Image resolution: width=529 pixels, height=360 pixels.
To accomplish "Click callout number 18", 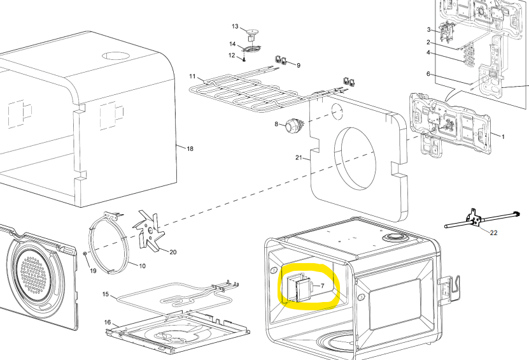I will (189, 148).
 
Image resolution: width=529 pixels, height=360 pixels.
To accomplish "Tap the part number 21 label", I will (298, 157).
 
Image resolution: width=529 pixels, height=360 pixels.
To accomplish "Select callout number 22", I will (493, 233).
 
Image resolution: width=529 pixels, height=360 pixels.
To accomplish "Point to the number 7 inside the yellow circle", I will (322, 286).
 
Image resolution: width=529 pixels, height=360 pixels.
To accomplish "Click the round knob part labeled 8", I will (294, 126).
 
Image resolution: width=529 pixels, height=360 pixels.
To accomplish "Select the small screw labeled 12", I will (244, 59).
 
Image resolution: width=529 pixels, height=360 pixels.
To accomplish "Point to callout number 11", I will (192, 76).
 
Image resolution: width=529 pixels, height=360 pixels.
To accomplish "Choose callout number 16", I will (108, 322).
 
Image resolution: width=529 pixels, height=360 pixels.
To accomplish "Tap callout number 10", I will (141, 265).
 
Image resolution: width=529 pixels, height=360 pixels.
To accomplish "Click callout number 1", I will (502, 136).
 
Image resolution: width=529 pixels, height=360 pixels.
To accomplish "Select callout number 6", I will (428, 75).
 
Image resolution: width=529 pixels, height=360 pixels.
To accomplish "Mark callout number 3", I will (429, 30).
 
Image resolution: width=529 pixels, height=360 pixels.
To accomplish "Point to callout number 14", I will (232, 43).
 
